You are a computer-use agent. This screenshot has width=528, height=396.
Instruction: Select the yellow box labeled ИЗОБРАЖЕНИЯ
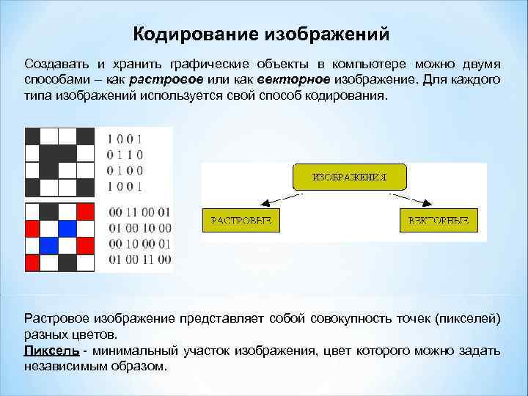(349, 177)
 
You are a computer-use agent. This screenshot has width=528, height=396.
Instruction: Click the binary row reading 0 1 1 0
(125, 155)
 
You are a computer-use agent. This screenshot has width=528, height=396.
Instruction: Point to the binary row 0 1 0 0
(125, 170)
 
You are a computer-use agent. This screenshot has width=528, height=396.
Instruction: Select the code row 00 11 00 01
(139, 212)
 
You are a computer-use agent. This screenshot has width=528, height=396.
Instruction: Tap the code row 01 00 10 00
(139, 227)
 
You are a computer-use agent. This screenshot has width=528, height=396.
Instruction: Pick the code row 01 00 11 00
(139, 259)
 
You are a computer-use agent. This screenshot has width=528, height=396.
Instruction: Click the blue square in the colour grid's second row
(67, 227)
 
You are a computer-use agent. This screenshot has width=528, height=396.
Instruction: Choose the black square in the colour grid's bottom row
(67, 260)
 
